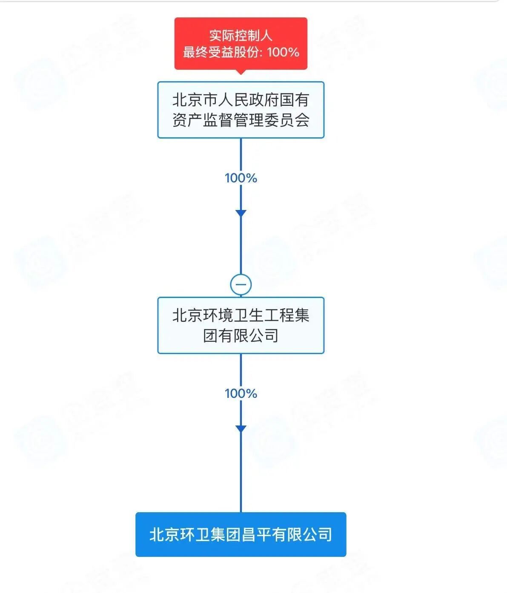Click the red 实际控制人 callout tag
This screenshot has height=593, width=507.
point(241,43)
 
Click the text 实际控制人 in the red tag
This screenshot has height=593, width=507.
point(241,35)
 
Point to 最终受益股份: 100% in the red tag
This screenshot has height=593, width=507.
point(241,52)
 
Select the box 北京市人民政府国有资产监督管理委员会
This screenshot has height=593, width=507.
point(241,110)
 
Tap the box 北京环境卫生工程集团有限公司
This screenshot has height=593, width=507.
point(241,325)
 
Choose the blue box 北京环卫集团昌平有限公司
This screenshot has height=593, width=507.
point(241,534)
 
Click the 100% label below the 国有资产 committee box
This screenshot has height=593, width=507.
point(241,178)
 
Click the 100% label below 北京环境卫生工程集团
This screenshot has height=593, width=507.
point(241,394)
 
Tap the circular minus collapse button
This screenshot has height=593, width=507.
point(241,284)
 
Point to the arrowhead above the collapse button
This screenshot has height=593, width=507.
point(241,213)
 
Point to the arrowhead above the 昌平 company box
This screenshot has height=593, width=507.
point(241,428)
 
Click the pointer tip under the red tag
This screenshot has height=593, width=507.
point(241,72)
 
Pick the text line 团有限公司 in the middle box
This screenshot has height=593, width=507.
point(241,335)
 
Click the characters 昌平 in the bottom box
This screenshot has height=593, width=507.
point(256,534)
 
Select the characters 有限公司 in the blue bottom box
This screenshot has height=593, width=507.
point(302,534)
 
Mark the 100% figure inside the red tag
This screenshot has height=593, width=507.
point(283,52)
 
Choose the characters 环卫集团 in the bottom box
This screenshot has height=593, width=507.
point(210,534)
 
